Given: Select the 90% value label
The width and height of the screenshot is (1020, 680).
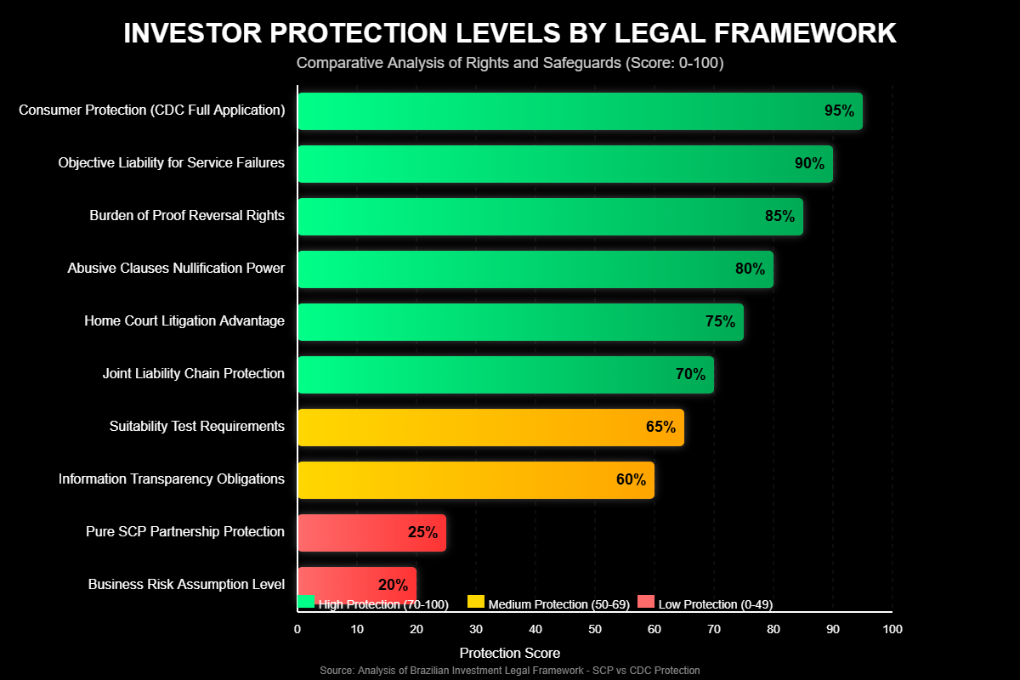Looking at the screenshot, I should (809, 164).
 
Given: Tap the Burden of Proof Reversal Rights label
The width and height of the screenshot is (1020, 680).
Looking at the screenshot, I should (187, 216).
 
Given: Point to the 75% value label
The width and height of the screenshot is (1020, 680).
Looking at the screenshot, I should (720, 322).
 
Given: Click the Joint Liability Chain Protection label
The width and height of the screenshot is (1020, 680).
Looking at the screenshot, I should (194, 374).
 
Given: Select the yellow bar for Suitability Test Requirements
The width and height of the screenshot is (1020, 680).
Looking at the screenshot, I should (490, 428).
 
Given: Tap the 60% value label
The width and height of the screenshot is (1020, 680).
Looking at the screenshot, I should (631, 480).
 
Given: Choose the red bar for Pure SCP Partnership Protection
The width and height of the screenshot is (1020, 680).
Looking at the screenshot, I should (371, 533).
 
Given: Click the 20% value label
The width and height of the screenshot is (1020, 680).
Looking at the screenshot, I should (393, 585).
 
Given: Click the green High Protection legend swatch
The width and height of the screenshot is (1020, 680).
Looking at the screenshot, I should (306, 602).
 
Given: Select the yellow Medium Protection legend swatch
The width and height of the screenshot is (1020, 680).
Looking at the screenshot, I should (476, 602).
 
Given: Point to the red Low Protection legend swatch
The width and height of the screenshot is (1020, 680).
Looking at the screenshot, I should (646, 602).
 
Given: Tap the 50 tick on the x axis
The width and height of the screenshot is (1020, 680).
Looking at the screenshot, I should (595, 629).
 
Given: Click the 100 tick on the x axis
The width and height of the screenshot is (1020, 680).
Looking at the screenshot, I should (892, 629).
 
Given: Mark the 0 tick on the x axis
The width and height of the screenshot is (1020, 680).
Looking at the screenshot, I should (297, 629).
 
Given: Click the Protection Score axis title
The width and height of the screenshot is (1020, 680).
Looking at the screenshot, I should (510, 653).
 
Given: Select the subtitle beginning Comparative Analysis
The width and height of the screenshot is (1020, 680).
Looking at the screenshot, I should (510, 63).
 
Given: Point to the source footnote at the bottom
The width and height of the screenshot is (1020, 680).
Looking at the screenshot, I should (510, 671).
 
